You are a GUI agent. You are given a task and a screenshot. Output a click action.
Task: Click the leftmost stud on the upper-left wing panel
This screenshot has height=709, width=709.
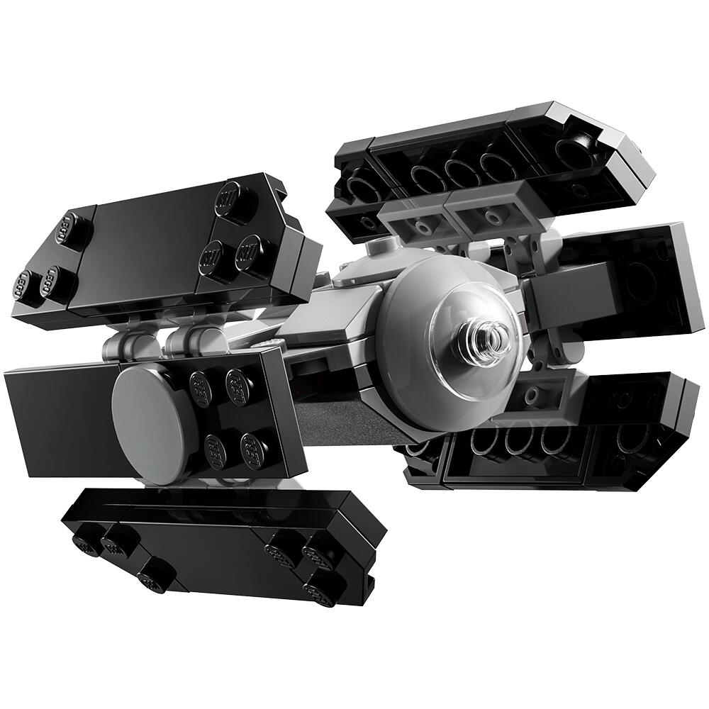tap(25, 284)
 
